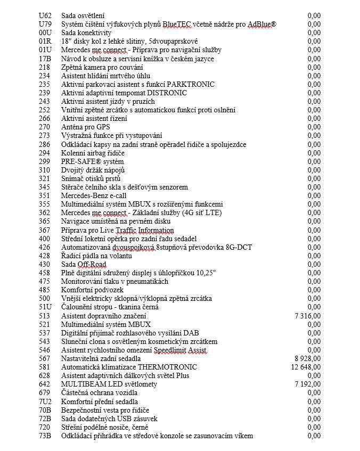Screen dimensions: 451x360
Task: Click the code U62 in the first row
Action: pos(46,15)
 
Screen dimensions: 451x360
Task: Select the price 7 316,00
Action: pos(307,316)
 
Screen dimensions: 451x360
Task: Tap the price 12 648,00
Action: pos(306,367)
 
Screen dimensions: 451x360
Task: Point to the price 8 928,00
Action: pos(307,358)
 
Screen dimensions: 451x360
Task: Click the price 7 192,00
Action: pos(307,384)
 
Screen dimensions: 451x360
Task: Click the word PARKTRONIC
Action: pos(191,84)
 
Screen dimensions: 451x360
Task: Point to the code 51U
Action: pos(46,307)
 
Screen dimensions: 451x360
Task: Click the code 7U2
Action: pos(46,401)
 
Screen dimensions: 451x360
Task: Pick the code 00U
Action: pos(46,32)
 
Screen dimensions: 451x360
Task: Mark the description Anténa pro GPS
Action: pos(86,127)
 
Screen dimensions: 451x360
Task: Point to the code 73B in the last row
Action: pos(46,436)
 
